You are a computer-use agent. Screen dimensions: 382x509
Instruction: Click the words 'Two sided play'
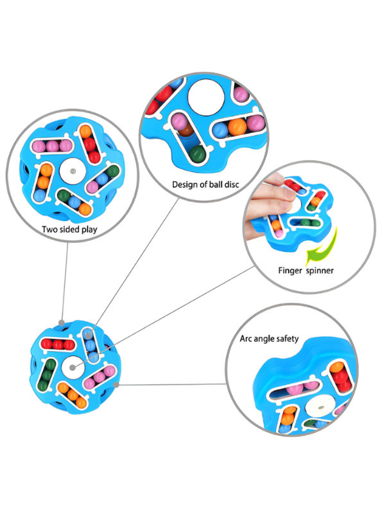coord(69,229)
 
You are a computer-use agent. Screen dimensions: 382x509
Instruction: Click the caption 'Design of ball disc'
coord(205,184)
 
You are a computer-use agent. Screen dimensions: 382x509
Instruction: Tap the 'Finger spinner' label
coord(306,271)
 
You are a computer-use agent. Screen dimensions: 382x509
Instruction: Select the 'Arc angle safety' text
coord(269,339)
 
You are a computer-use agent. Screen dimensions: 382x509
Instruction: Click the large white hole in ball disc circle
coord(206,97)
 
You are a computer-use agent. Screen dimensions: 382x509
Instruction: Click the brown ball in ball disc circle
coord(186,130)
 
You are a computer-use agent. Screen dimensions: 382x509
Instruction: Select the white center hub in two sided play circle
coord(73,171)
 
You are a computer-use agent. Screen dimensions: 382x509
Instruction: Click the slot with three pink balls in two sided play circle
coord(52,147)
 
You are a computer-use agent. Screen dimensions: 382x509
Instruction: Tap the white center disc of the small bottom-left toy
coord(73,367)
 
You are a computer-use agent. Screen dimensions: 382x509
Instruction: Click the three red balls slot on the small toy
coord(58,344)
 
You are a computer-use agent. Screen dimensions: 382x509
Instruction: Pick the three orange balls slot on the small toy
coord(73,395)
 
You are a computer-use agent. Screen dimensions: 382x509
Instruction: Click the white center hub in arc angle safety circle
coord(320,407)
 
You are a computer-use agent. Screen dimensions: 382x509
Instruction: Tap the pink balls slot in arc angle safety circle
coord(294,389)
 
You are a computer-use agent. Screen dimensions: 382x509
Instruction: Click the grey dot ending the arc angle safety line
coord(116,385)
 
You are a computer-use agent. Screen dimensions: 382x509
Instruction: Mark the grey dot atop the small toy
coord(61,323)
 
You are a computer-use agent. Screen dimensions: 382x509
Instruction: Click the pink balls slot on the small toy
coord(100,377)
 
